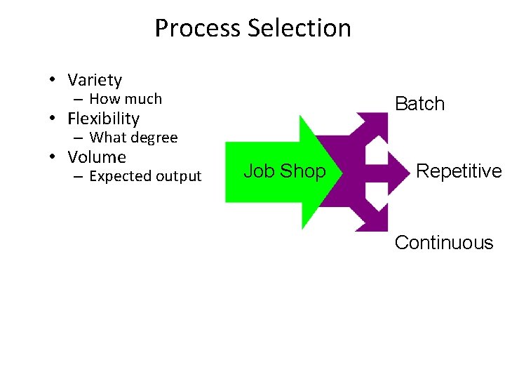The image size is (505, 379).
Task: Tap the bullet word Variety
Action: [x=95, y=80]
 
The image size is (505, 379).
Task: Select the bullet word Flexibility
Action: [x=104, y=119]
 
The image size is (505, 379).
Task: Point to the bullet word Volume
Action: [x=97, y=157]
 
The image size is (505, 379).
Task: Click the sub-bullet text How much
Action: [x=126, y=99]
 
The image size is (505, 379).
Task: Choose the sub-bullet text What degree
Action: [x=133, y=138]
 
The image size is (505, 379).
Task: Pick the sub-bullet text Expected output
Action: [x=145, y=176]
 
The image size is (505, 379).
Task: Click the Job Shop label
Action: [x=284, y=171]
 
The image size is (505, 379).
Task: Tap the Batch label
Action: [x=419, y=104]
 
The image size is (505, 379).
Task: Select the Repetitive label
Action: [x=459, y=171]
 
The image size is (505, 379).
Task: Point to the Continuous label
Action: [x=444, y=243]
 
